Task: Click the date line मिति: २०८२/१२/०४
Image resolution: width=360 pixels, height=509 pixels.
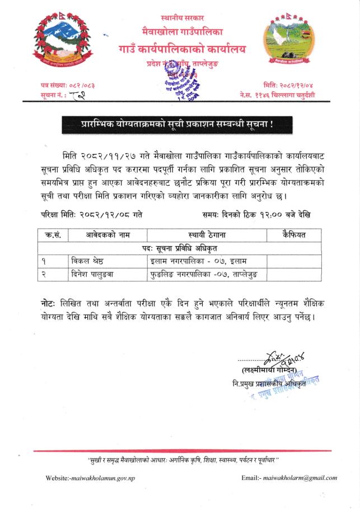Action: tap(293, 84)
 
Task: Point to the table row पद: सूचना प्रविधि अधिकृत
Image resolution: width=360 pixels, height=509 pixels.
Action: tap(179, 248)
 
